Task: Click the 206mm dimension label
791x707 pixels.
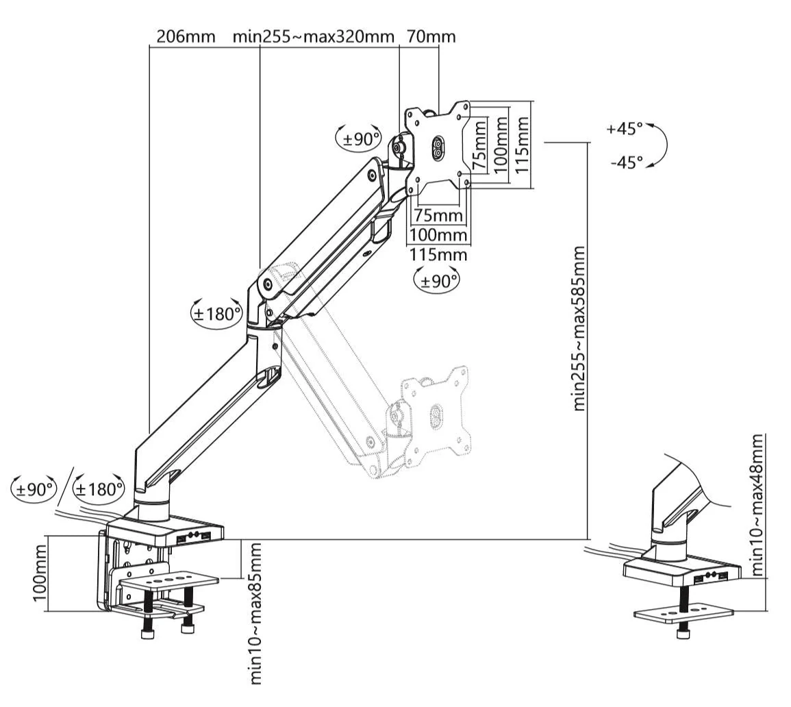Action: click(x=185, y=36)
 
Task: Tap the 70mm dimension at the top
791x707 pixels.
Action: click(x=431, y=36)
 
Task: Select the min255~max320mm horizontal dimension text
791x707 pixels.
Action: click(x=314, y=36)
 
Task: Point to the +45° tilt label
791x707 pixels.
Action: click(x=624, y=129)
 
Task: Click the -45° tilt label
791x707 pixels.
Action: click(x=626, y=163)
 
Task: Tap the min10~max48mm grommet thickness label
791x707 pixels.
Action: click(x=757, y=504)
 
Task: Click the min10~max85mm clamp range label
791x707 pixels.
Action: click(x=255, y=612)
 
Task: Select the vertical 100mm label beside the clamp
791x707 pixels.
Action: click(x=42, y=573)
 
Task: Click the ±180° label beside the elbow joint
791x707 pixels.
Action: click(x=216, y=314)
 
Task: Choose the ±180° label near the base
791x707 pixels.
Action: click(x=99, y=489)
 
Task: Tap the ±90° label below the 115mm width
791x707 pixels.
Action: click(x=437, y=281)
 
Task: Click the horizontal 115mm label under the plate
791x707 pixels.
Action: click(x=438, y=255)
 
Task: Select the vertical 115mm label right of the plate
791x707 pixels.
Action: click(x=523, y=144)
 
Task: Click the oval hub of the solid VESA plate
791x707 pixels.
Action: click(x=436, y=149)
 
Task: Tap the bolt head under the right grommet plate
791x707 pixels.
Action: click(x=682, y=634)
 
